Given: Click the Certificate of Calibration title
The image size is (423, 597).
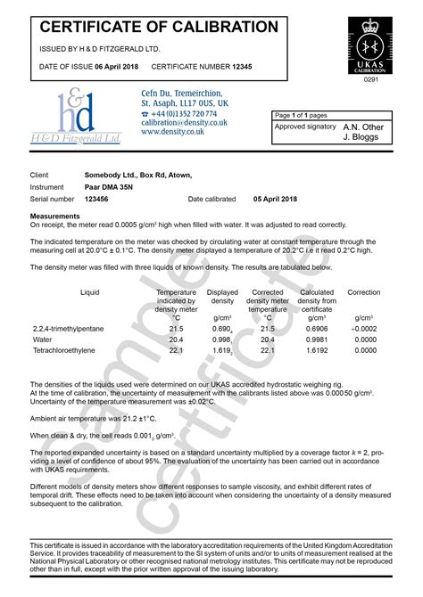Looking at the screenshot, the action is tap(160, 27).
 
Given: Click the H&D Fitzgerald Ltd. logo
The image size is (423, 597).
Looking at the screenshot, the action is tap(75, 116).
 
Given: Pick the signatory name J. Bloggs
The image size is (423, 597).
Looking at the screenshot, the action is tap(363, 137).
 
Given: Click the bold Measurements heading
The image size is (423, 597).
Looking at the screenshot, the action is tap(56, 216).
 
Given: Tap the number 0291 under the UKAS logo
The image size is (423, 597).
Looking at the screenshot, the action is tap(369, 79).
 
